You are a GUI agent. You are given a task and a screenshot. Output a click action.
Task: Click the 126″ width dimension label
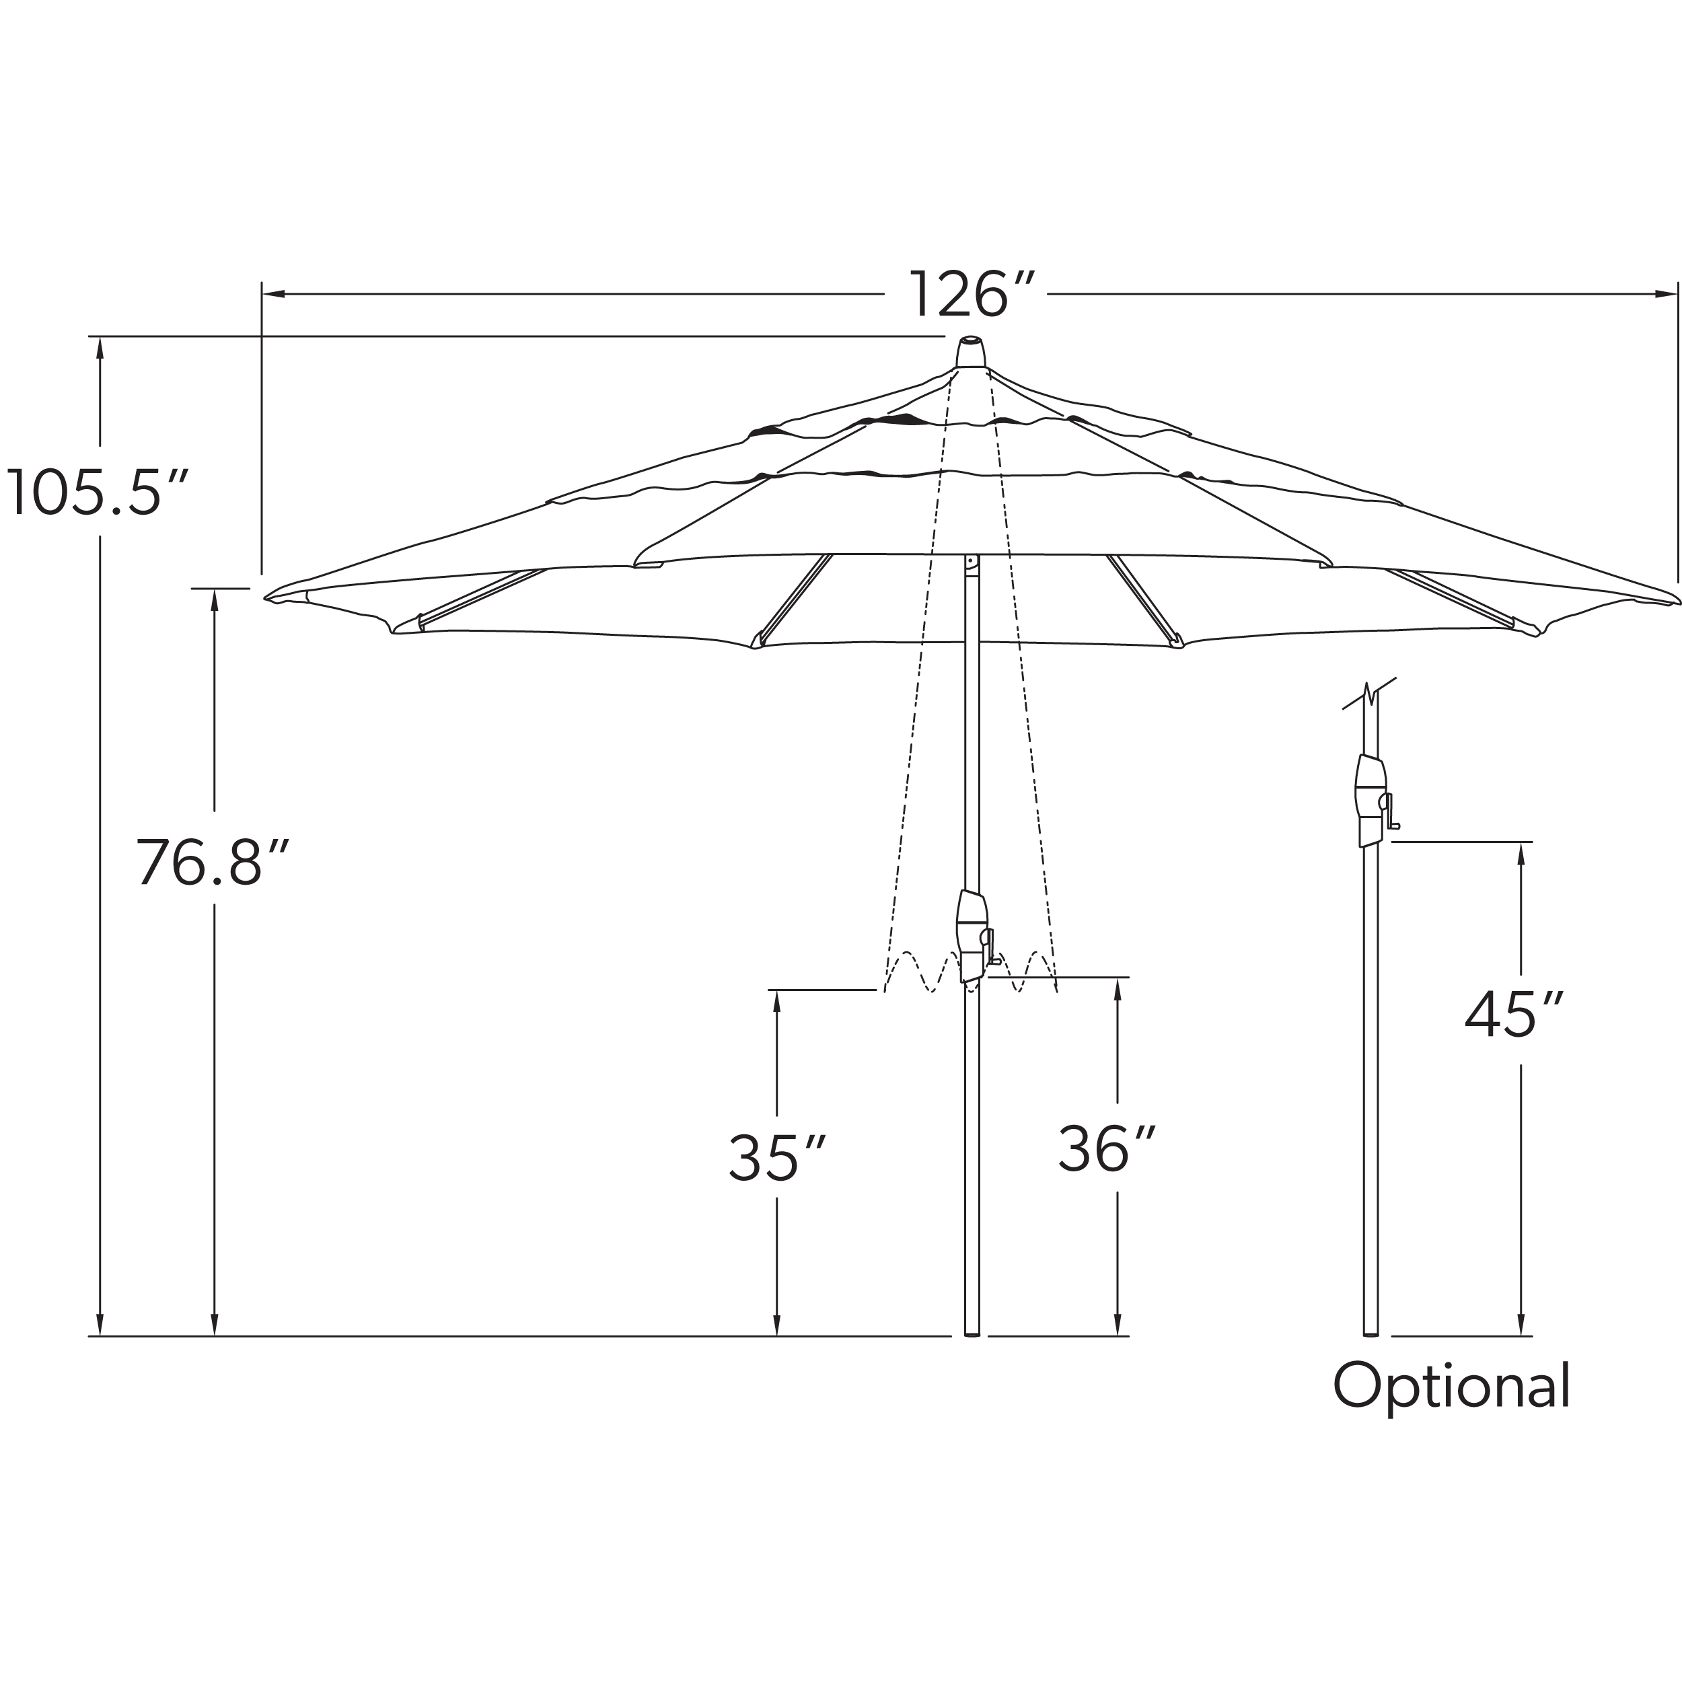[972, 294]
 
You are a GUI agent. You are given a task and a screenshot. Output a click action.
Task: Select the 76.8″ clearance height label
[211, 862]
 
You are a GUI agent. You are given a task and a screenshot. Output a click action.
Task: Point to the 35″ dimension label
[776, 1158]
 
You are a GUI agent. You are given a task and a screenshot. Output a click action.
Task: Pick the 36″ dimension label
[1107, 1148]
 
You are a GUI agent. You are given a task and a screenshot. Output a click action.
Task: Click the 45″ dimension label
[1513, 1015]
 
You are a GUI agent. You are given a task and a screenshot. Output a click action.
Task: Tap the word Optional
[1451, 1386]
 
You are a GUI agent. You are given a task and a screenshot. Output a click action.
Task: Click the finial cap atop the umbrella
[971, 353]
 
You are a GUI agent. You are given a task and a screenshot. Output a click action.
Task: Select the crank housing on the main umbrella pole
[974, 937]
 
